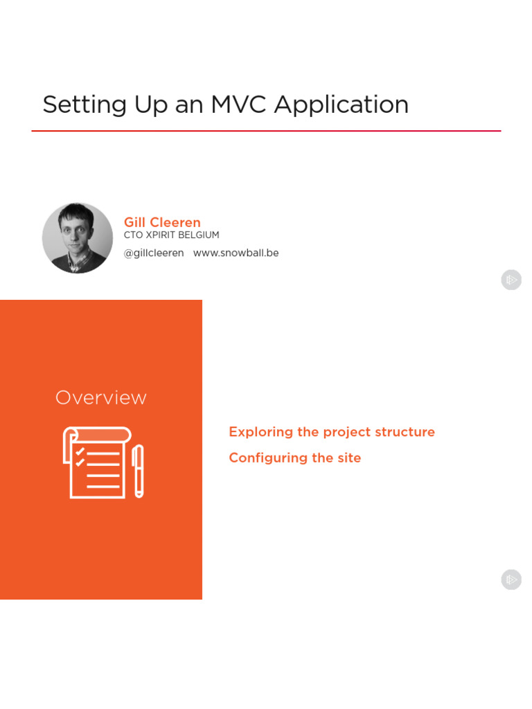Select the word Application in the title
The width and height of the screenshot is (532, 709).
[x=342, y=105]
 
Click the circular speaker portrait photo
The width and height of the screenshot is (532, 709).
[x=78, y=238]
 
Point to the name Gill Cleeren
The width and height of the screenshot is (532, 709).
[x=162, y=222]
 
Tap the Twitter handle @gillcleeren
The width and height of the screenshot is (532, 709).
[x=154, y=253]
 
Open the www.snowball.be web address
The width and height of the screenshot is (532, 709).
[x=236, y=253]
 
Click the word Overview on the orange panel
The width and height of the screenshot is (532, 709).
[x=101, y=398]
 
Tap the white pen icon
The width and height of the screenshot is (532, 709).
[x=139, y=471]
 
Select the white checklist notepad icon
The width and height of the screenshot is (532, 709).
[x=96, y=463]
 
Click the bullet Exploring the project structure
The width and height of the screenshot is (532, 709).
[x=332, y=432]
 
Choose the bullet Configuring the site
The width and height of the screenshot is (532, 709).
[x=295, y=458]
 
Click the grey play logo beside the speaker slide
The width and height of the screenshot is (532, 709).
[x=511, y=280]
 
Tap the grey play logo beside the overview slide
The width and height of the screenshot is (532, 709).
[x=511, y=580]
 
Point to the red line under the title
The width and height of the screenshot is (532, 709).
[x=266, y=131]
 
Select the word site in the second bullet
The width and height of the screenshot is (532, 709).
[x=349, y=458]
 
